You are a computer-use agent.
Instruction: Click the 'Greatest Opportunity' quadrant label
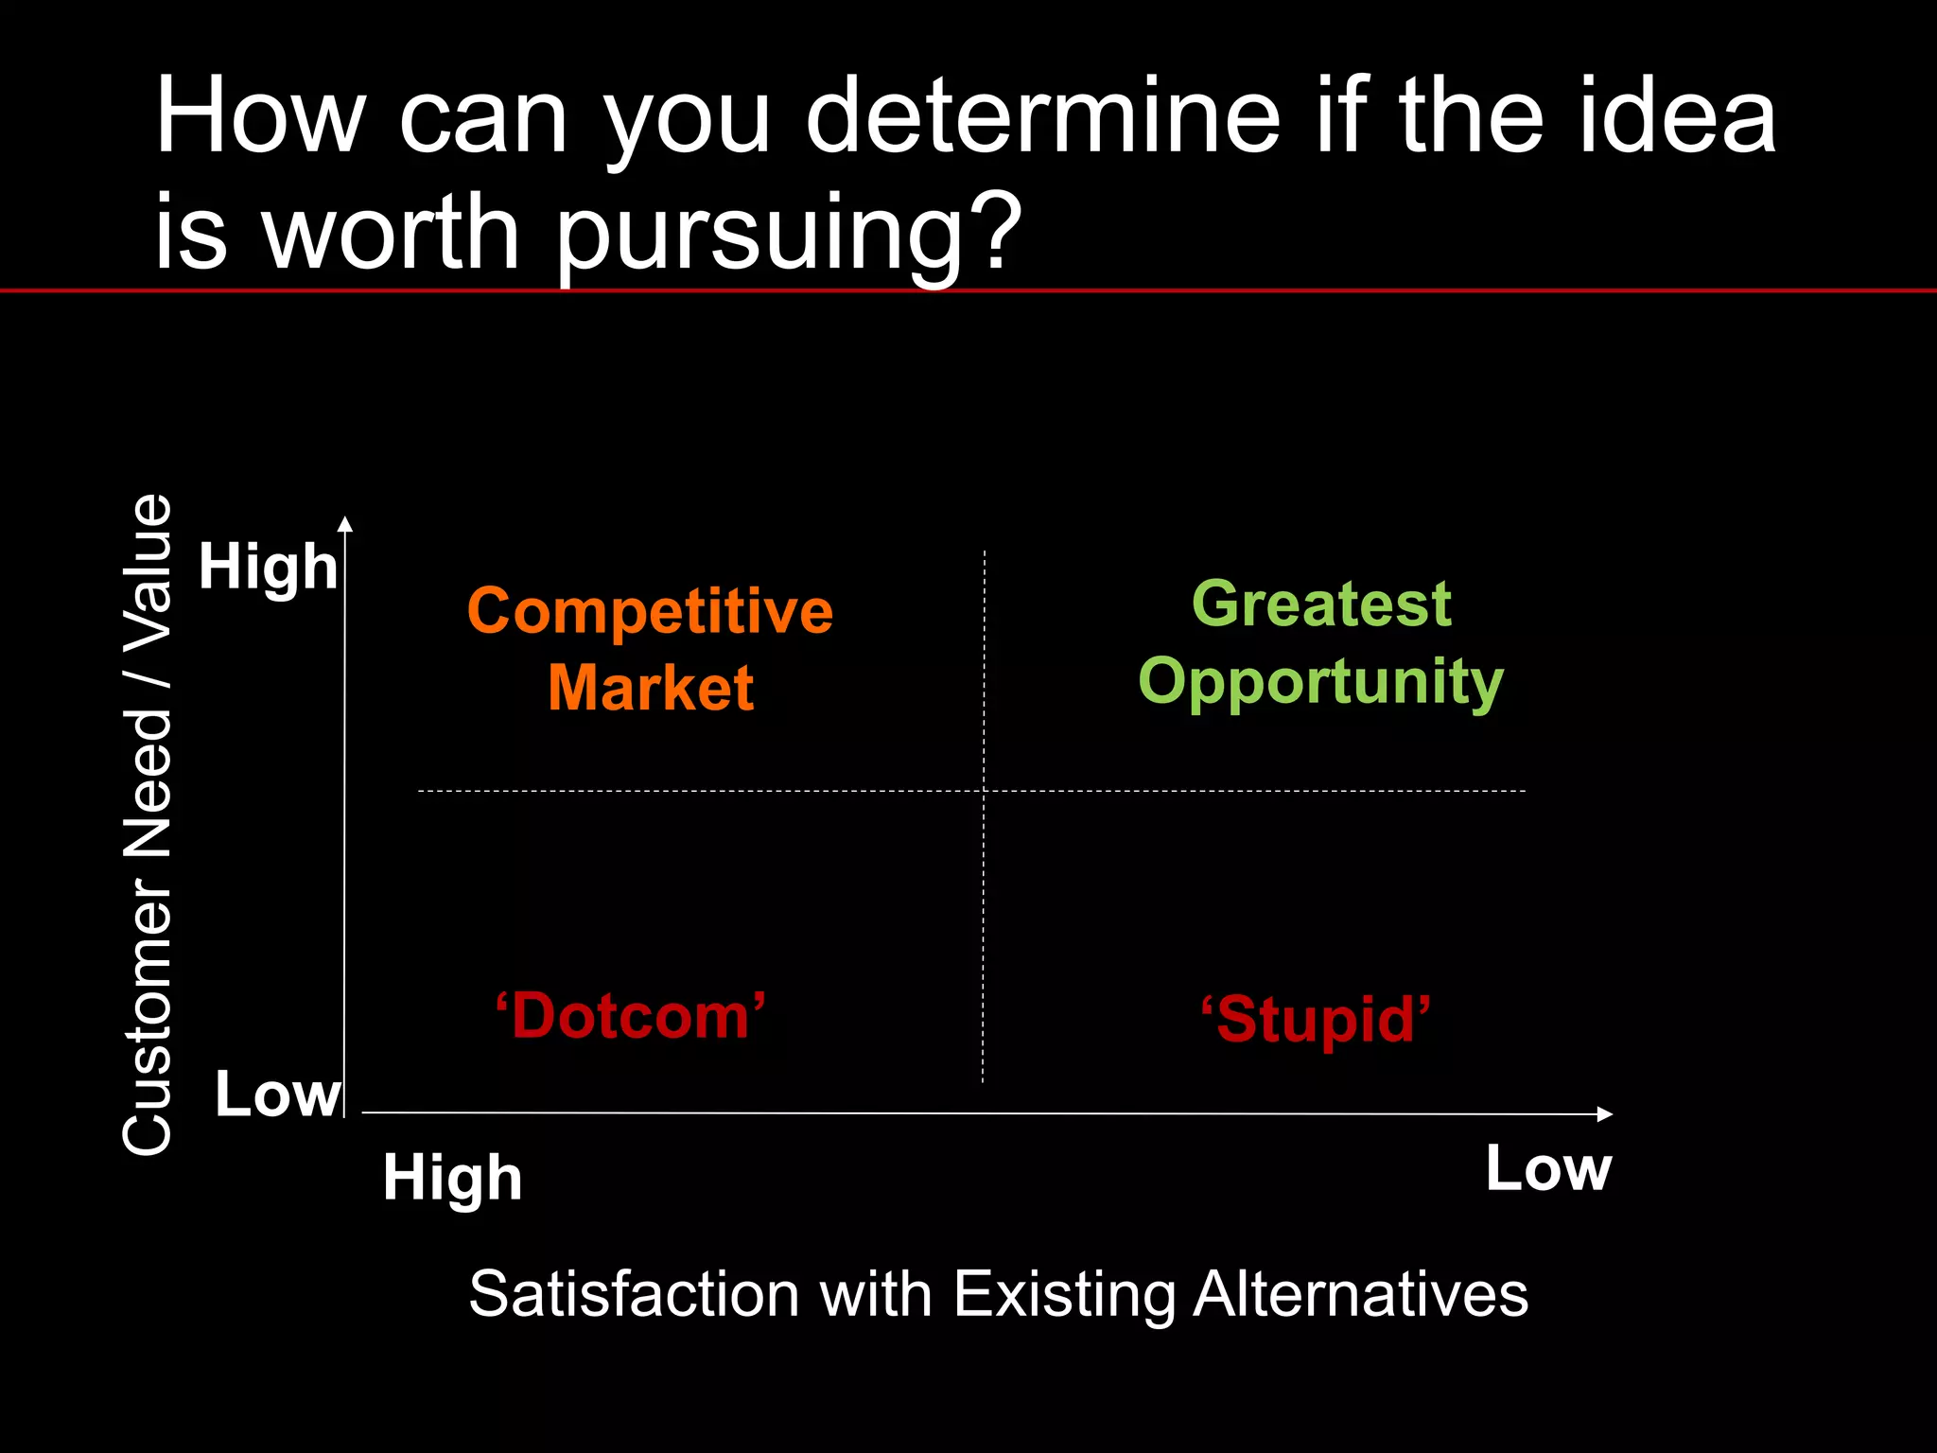click(1321, 643)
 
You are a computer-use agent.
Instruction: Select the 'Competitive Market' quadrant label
click(651, 649)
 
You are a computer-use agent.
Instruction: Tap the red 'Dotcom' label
click(631, 1017)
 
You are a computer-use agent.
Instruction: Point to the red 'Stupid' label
click(1316, 1020)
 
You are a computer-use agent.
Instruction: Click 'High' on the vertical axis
click(268, 568)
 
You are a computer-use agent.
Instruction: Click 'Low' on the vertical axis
click(277, 1094)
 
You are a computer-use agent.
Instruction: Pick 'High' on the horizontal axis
click(452, 1179)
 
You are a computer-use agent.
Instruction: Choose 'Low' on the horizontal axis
click(1548, 1169)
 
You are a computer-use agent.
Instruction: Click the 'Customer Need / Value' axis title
click(148, 824)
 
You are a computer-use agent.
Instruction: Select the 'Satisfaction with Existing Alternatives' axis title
click(998, 1294)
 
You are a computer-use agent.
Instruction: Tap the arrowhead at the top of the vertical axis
click(345, 524)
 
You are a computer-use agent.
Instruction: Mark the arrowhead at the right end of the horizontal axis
click(1604, 1114)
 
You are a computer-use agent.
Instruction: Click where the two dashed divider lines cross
click(985, 790)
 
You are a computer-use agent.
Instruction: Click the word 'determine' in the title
click(1042, 118)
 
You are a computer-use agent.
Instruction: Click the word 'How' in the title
click(260, 118)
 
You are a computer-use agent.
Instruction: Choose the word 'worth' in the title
click(391, 232)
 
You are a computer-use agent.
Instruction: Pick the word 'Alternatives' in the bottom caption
click(1360, 1294)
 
